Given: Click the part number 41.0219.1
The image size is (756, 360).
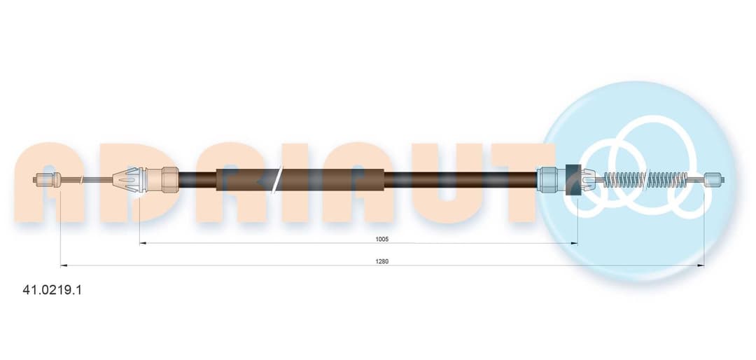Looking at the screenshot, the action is tap(52, 290).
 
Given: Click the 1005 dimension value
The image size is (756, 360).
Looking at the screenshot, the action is tap(382, 239).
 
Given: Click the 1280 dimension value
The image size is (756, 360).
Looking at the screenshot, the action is tap(382, 261).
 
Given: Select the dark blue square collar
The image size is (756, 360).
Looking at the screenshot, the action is tap(573, 180).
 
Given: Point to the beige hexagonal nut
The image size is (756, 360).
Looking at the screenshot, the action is tap(170, 180).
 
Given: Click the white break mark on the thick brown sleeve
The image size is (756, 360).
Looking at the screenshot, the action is tap(277, 180).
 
